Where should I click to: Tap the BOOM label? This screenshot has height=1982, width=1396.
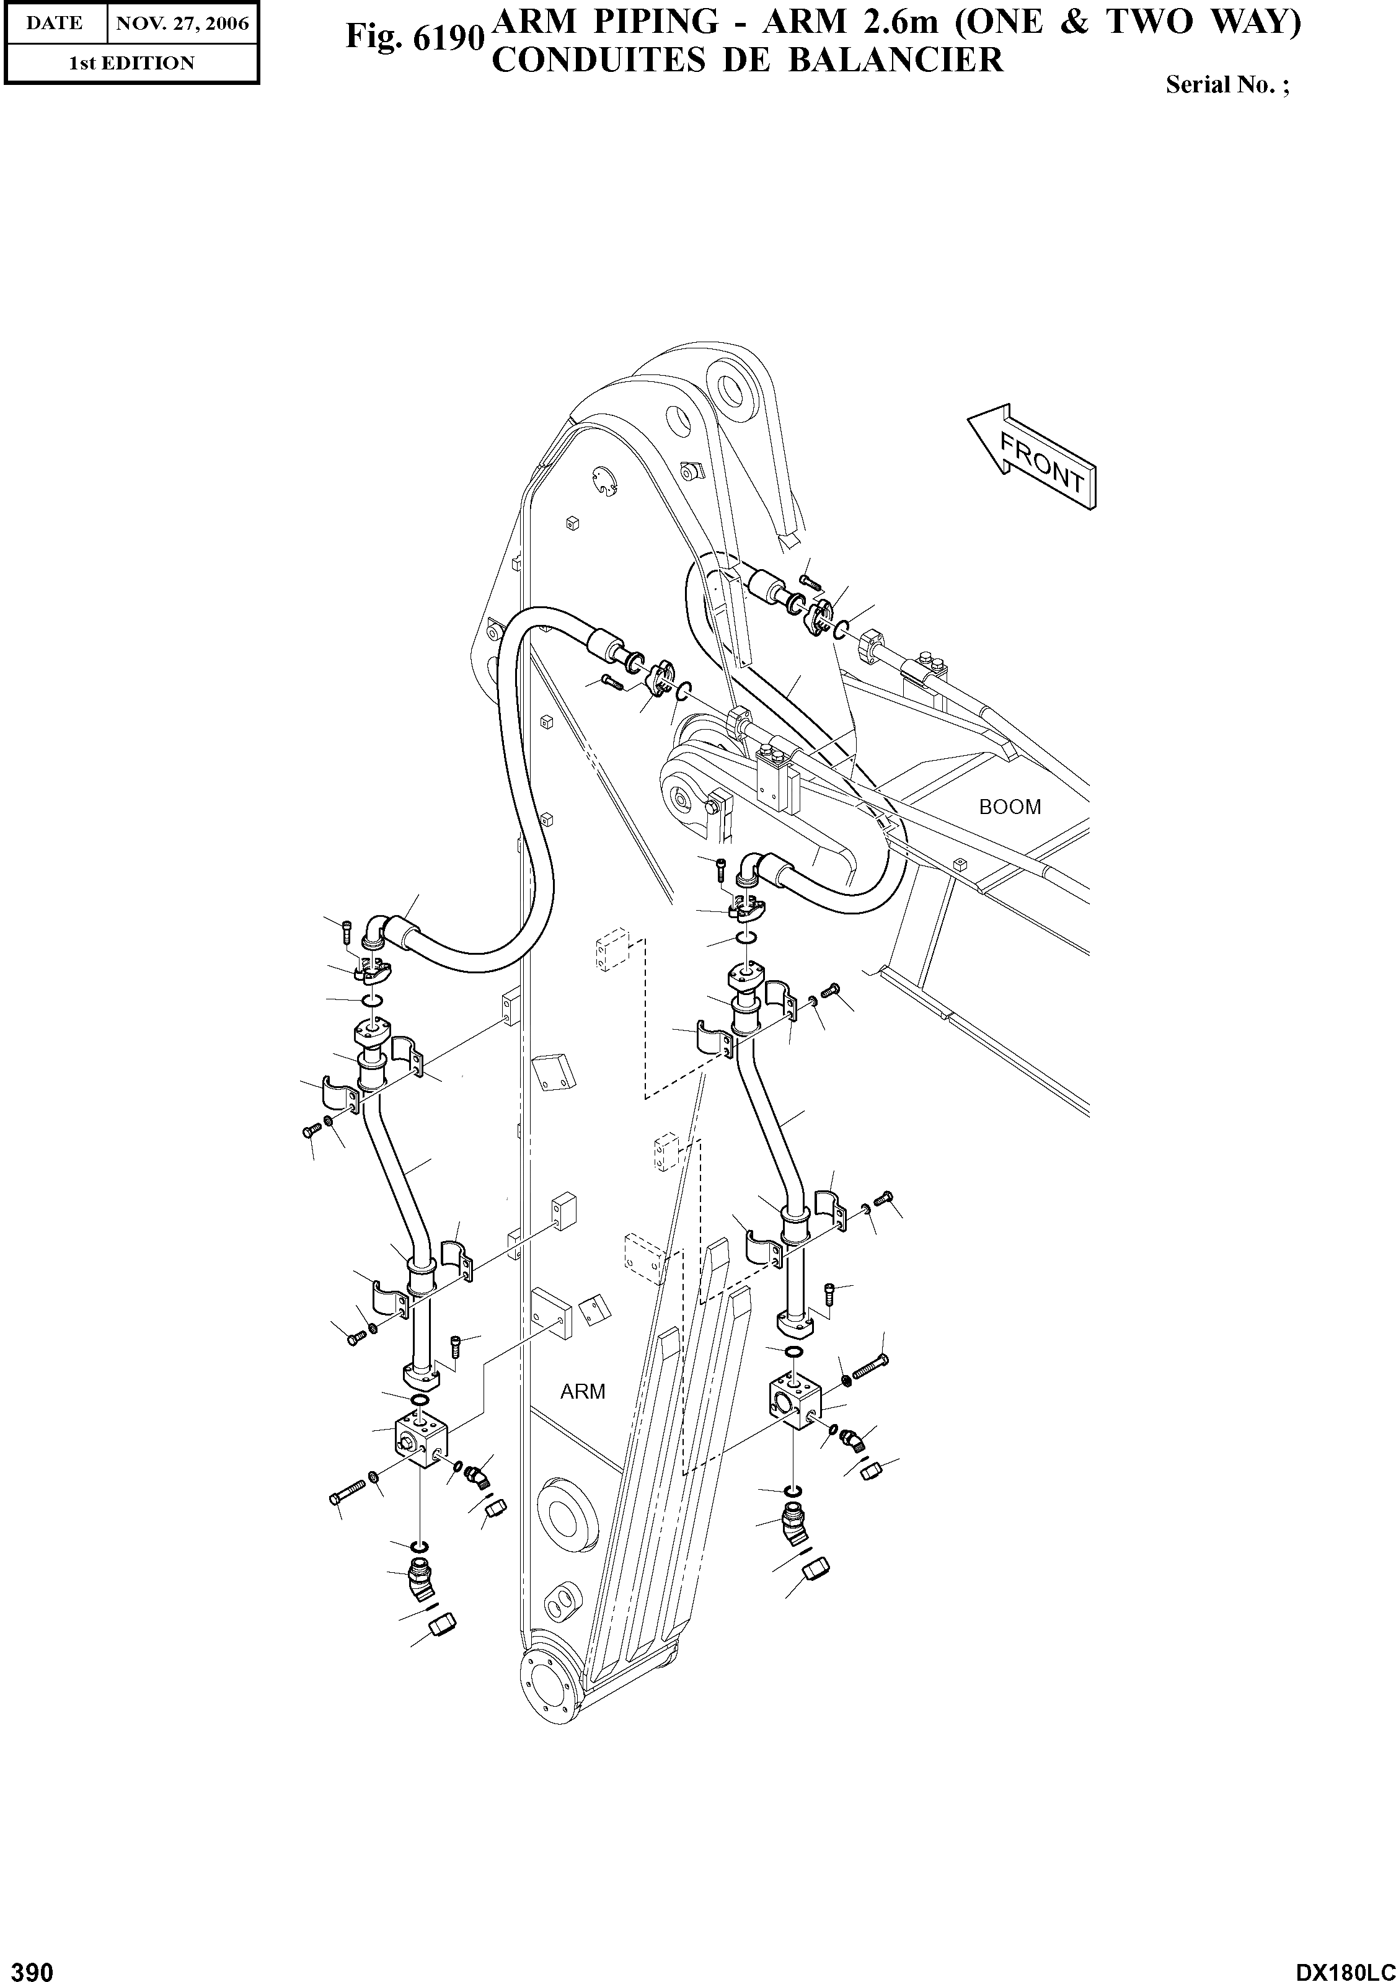pos(1009,807)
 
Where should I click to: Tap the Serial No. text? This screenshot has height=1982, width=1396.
pos(1227,84)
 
